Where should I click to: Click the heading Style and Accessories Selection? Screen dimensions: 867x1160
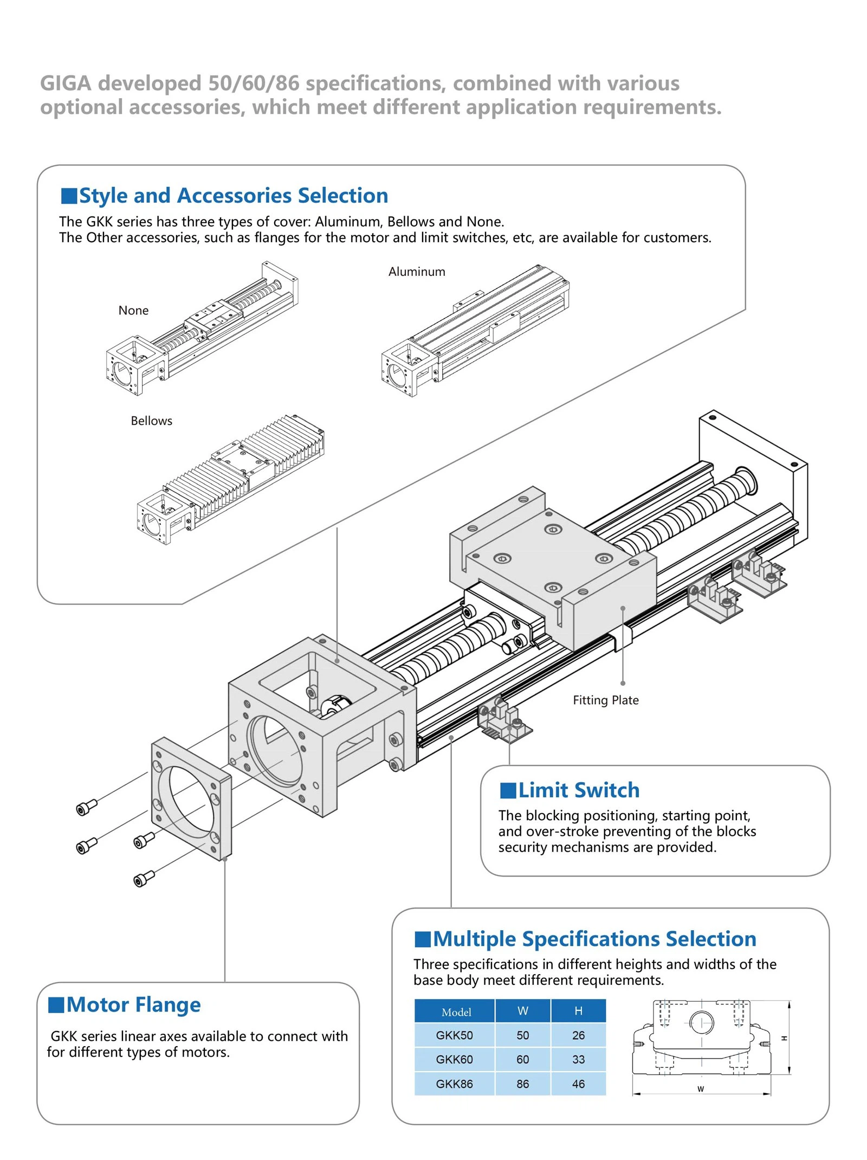tap(234, 196)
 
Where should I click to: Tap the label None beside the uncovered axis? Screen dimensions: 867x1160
tap(133, 311)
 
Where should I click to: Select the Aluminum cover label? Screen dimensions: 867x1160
tap(417, 272)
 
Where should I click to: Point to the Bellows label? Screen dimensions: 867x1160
tap(151, 421)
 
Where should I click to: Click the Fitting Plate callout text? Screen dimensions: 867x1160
tap(606, 700)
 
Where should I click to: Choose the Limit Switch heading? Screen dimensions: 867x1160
tap(579, 790)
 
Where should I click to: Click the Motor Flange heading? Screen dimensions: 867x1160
tap(133, 1004)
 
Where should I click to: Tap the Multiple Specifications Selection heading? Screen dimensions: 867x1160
tap(594, 939)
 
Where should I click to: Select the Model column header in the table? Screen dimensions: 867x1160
tap(456, 1012)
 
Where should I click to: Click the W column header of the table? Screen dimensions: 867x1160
tap(523, 1011)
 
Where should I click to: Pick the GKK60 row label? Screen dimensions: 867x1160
tap(454, 1059)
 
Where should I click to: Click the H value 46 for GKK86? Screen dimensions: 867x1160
tap(578, 1084)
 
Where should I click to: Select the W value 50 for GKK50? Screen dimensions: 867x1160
tap(522, 1035)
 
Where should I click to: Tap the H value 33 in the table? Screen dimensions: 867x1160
tap(578, 1059)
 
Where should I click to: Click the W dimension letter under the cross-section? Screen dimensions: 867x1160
tap(701, 1089)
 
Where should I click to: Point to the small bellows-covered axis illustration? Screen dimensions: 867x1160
tap(230, 480)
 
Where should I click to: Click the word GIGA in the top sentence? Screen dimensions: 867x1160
tap(66, 83)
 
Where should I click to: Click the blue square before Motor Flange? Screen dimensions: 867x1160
tap(56, 1004)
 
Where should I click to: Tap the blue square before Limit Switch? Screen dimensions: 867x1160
tap(508, 790)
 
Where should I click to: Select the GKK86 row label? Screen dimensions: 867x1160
tap(454, 1084)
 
